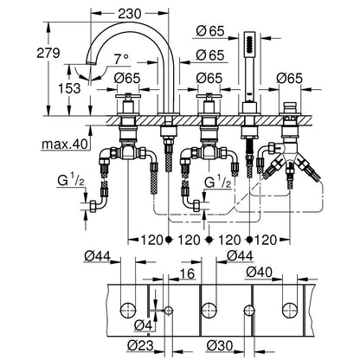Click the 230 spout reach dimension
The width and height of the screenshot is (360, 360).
(x=130, y=14)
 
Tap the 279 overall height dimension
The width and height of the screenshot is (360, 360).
(x=48, y=53)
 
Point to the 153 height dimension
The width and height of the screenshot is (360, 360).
(x=69, y=88)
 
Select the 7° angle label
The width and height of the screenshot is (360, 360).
(x=121, y=60)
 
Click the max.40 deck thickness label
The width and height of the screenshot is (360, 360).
(x=64, y=144)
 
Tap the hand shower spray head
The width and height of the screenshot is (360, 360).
(x=249, y=43)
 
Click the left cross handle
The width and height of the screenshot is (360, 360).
(x=128, y=97)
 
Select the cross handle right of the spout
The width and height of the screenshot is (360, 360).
(x=209, y=97)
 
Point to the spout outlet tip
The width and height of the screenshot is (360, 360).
(x=92, y=63)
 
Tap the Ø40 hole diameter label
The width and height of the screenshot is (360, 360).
(x=260, y=272)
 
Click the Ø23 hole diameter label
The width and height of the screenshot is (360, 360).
(x=140, y=345)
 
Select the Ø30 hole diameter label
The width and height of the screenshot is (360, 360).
(x=220, y=345)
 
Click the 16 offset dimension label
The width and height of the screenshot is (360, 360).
(x=187, y=273)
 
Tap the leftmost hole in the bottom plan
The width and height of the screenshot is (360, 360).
(x=128, y=311)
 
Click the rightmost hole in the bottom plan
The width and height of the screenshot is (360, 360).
(x=290, y=311)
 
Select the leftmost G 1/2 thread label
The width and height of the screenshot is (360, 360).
(x=71, y=182)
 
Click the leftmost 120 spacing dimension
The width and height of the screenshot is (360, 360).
(x=151, y=240)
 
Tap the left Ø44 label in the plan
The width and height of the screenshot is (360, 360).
(x=98, y=255)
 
